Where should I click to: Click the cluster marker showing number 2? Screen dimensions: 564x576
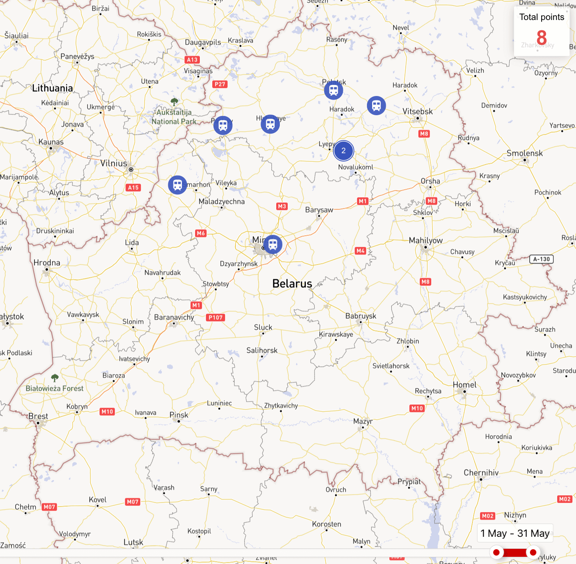click(x=343, y=151)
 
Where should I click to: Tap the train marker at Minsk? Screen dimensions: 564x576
click(x=273, y=244)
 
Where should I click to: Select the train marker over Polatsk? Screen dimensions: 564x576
click(x=333, y=90)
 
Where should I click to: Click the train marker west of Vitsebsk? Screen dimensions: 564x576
click(x=376, y=106)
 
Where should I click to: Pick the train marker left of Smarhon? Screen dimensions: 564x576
click(x=177, y=185)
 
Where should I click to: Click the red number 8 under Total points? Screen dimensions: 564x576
click(x=541, y=38)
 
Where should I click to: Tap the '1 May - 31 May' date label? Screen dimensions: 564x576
click(x=515, y=533)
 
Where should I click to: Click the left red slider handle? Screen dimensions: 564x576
click(x=496, y=552)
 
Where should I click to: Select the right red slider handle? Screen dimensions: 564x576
click(x=533, y=552)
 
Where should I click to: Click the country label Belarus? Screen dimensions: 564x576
click(x=292, y=284)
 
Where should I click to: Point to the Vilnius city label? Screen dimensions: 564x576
click(x=114, y=163)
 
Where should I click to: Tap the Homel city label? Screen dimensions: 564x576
click(x=464, y=385)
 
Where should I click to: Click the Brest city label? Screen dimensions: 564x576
click(x=38, y=416)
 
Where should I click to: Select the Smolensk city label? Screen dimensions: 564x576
click(x=524, y=153)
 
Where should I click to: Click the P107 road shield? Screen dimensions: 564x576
click(x=216, y=318)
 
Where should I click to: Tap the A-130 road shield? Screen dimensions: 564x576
click(x=541, y=259)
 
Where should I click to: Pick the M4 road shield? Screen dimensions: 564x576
click(x=361, y=251)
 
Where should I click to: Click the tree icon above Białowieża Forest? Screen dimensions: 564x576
click(x=55, y=378)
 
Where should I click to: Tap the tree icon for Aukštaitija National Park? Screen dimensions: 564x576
click(x=174, y=101)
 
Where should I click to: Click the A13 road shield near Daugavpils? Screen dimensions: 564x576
click(x=192, y=60)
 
